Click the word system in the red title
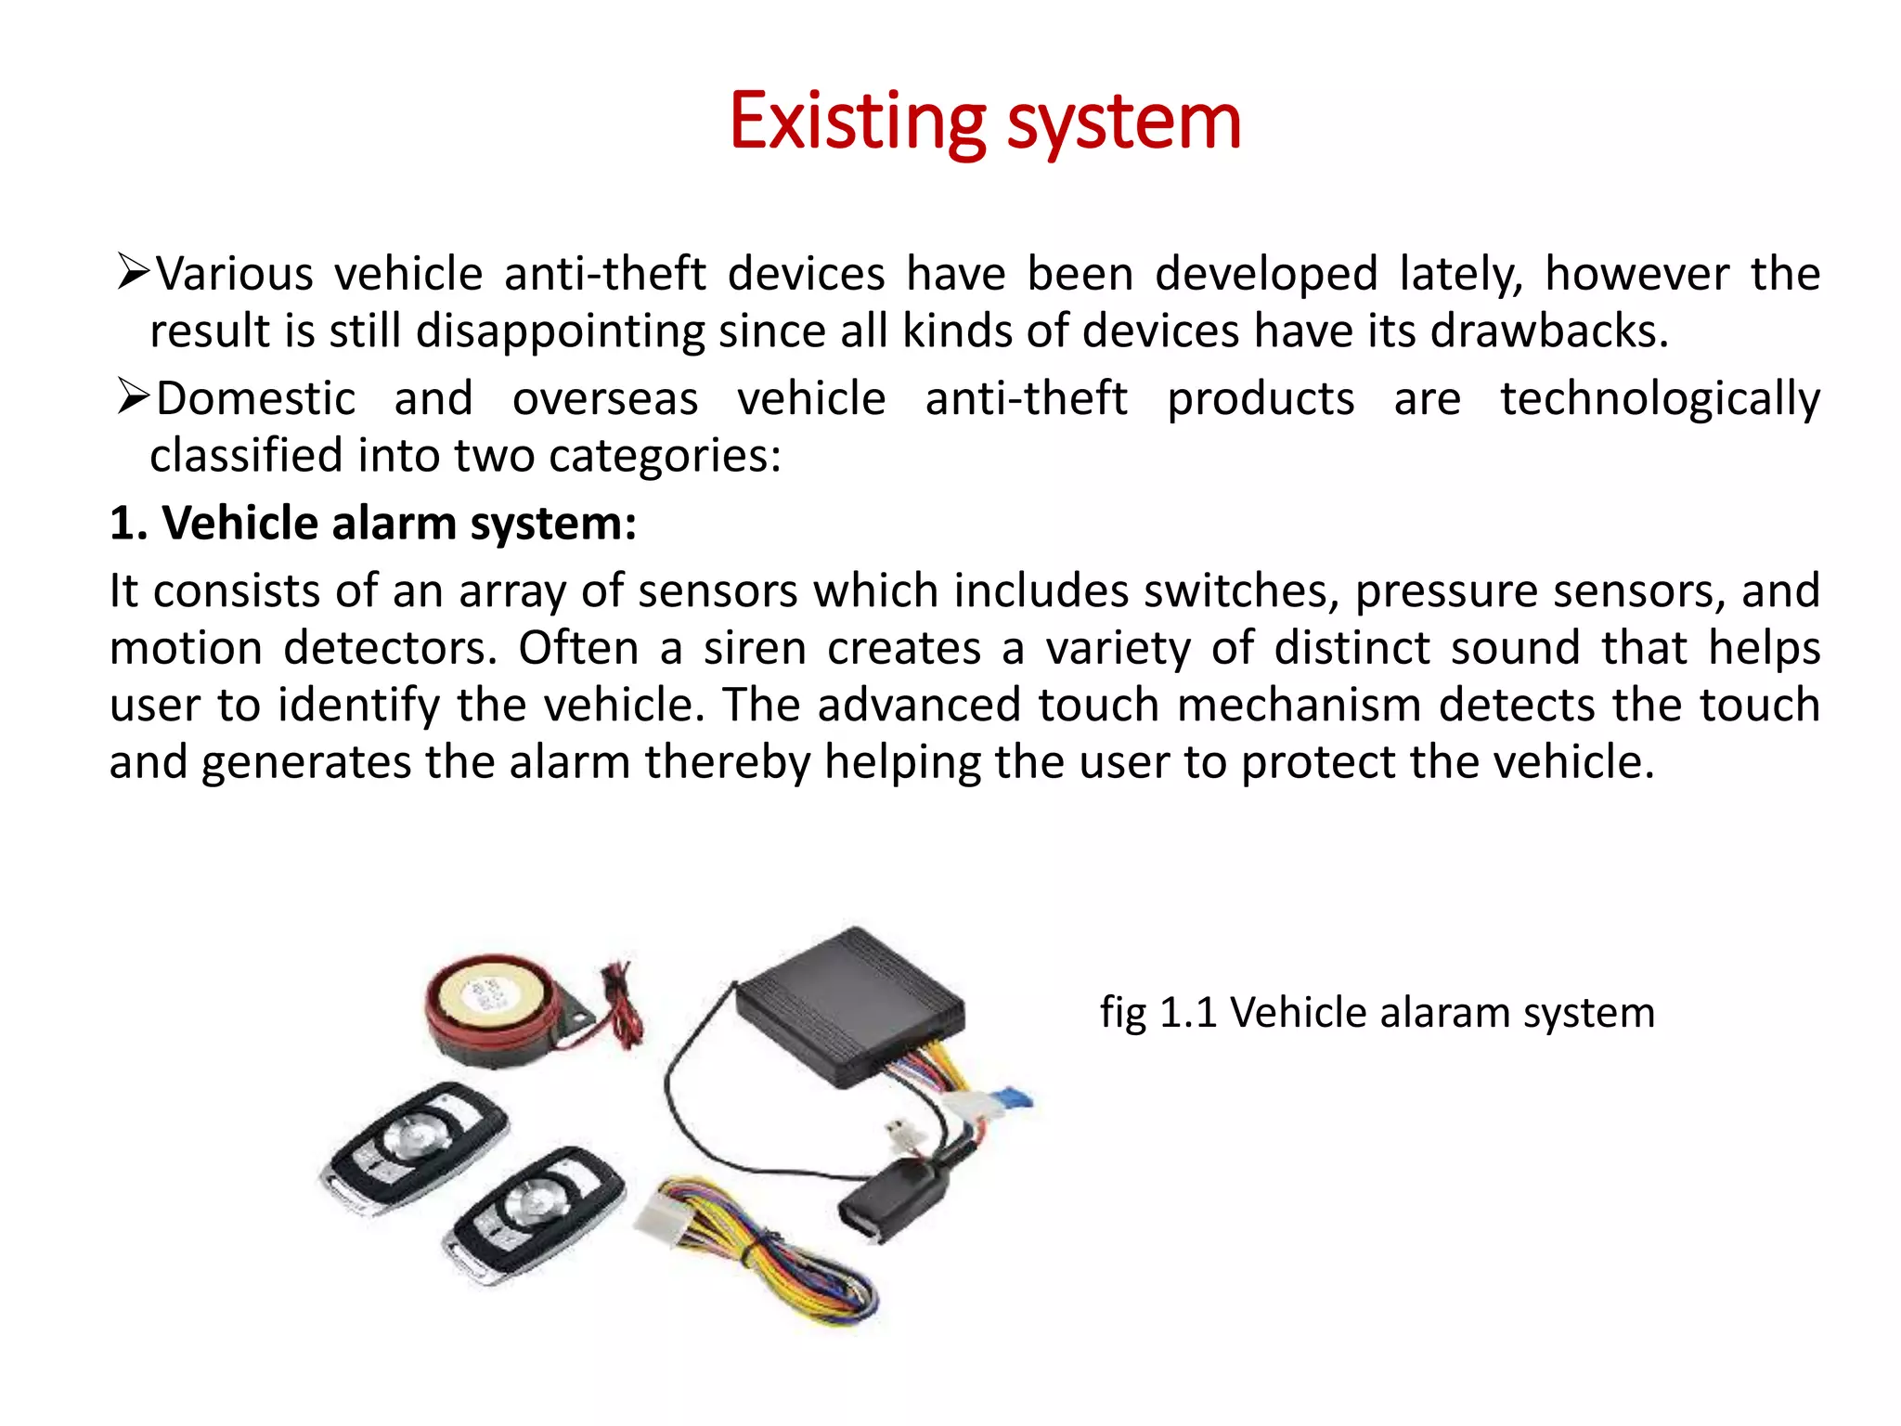point(1124,122)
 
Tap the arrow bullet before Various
point(133,272)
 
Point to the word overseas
point(605,399)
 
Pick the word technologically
point(1660,399)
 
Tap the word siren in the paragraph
point(755,648)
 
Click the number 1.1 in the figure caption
point(1188,1013)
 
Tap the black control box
point(849,1007)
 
